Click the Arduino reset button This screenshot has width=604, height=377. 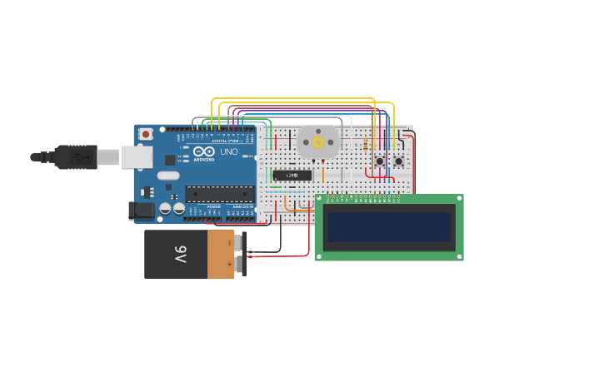pyautogui.click(x=146, y=134)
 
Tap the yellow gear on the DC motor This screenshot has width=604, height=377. pyautogui.click(x=318, y=142)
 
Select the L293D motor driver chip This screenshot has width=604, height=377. pyautogui.click(x=292, y=175)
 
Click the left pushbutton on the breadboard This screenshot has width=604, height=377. pyautogui.click(x=380, y=161)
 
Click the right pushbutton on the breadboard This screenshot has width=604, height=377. pyautogui.click(x=399, y=161)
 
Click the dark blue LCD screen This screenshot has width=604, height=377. pyautogui.click(x=389, y=227)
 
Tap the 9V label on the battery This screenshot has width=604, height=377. pyautogui.click(x=181, y=254)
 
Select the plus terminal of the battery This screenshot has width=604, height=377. pyautogui.click(x=230, y=264)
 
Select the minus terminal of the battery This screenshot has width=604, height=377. pyautogui.click(x=230, y=243)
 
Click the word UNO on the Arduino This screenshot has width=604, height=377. pyautogui.click(x=228, y=152)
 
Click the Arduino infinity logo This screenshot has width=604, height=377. pyautogui.click(x=204, y=152)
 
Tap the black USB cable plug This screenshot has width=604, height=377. pyautogui.click(x=76, y=156)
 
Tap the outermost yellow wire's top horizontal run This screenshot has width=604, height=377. pyautogui.click(x=300, y=99)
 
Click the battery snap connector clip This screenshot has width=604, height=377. pyautogui.click(x=242, y=254)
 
